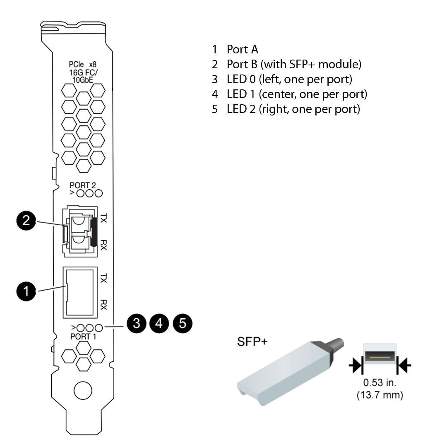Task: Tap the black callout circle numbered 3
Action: tap(136, 323)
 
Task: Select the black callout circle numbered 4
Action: tap(159, 323)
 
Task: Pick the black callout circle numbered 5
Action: tap(183, 323)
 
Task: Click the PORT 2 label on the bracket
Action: tap(83, 185)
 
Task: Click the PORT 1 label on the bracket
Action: tap(83, 336)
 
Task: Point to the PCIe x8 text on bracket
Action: tap(82, 65)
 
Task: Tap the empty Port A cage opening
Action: tap(80, 292)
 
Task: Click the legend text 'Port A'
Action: tap(242, 50)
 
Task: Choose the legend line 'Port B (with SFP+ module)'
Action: tap(294, 65)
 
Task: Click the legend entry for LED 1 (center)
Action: tap(297, 94)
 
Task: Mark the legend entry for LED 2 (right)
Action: tap(293, 109)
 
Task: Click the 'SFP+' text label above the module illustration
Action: tap(252, 342)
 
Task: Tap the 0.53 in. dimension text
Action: tap(380, 383)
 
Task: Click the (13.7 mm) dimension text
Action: tap(380, 395)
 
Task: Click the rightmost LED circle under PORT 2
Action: tap(99, 193)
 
